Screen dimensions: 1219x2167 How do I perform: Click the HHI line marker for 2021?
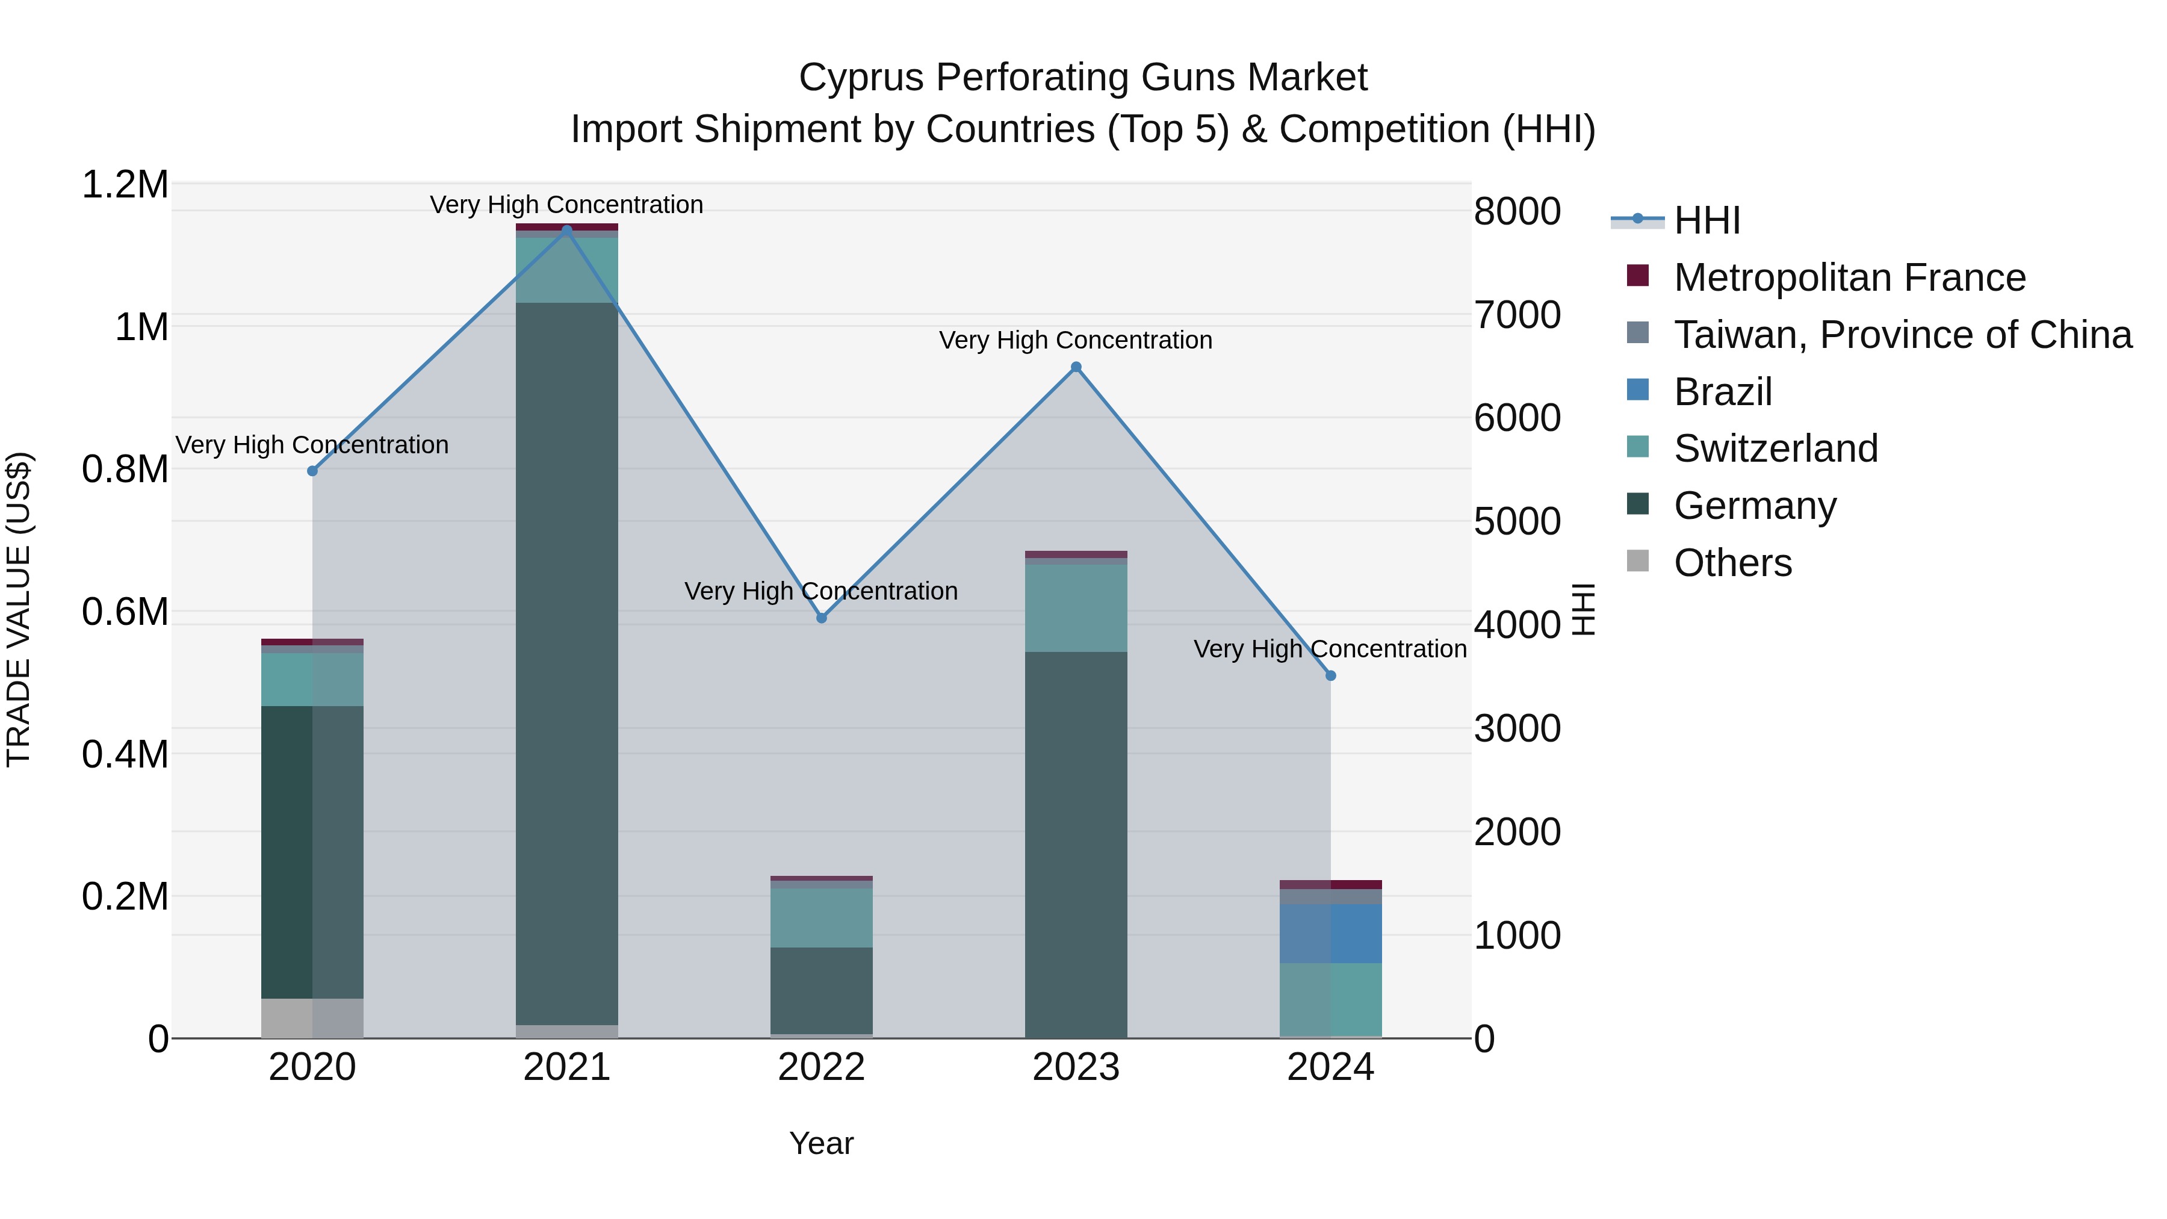567,230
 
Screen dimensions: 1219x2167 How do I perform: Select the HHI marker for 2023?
1076,367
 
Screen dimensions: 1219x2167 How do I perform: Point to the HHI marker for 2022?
822,618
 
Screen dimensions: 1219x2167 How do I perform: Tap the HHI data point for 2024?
1331,675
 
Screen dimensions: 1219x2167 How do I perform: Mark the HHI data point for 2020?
312,471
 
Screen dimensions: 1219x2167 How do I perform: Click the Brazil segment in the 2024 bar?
1331,933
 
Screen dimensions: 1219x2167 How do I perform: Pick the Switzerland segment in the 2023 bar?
1076,607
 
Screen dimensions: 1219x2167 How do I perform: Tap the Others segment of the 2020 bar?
312,1018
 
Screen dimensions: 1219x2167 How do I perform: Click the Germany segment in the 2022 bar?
822,990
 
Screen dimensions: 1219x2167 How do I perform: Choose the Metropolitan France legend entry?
1849,278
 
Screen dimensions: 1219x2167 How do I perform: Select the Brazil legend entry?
1722,392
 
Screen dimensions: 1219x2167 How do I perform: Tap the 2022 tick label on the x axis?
822,1067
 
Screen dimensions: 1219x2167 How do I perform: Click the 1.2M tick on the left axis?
125,184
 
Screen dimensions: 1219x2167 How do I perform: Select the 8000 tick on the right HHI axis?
1518,211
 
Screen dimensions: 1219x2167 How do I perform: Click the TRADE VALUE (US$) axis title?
19,609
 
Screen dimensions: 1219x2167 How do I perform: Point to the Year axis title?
821,1143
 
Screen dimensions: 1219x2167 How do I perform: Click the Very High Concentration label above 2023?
1075,340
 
